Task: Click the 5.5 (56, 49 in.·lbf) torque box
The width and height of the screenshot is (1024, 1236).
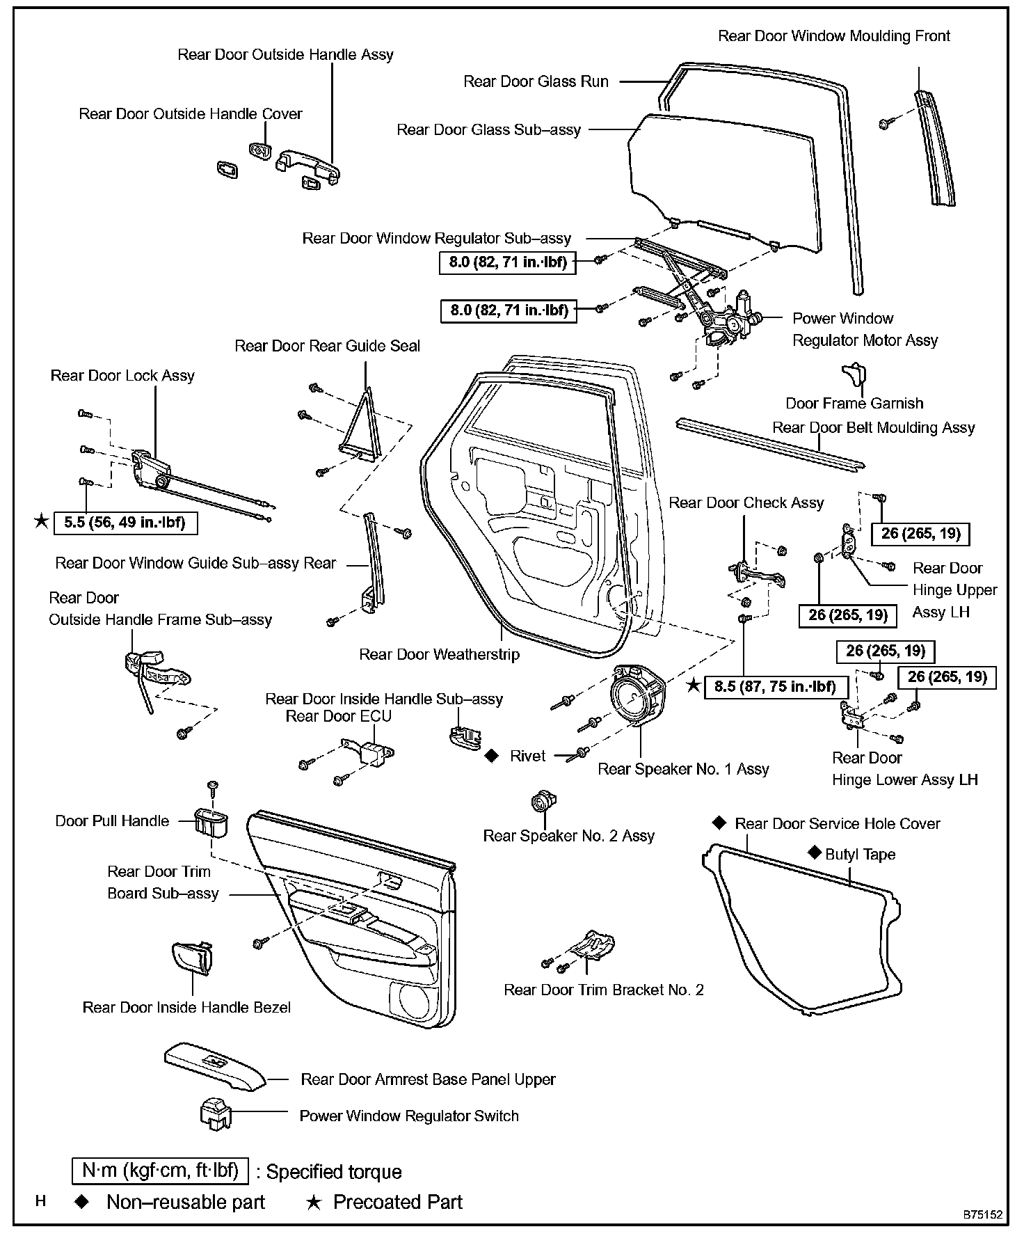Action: [125, 522]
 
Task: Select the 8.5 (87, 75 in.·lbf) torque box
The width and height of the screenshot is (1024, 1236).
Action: [776, 686]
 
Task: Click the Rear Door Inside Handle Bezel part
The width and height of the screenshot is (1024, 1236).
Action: [191, 960]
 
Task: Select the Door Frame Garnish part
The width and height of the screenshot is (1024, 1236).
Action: [854, 374]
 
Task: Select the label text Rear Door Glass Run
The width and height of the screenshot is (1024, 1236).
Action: [536, 81]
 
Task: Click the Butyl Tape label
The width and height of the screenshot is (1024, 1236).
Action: [860, 854]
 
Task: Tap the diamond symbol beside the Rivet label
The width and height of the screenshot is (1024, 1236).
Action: [491, 755]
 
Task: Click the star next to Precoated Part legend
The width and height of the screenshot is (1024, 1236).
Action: [314, 1202]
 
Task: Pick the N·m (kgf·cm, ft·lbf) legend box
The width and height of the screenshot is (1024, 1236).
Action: [160, 1171]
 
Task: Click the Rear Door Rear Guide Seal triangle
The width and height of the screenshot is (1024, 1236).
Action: [362, 427]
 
